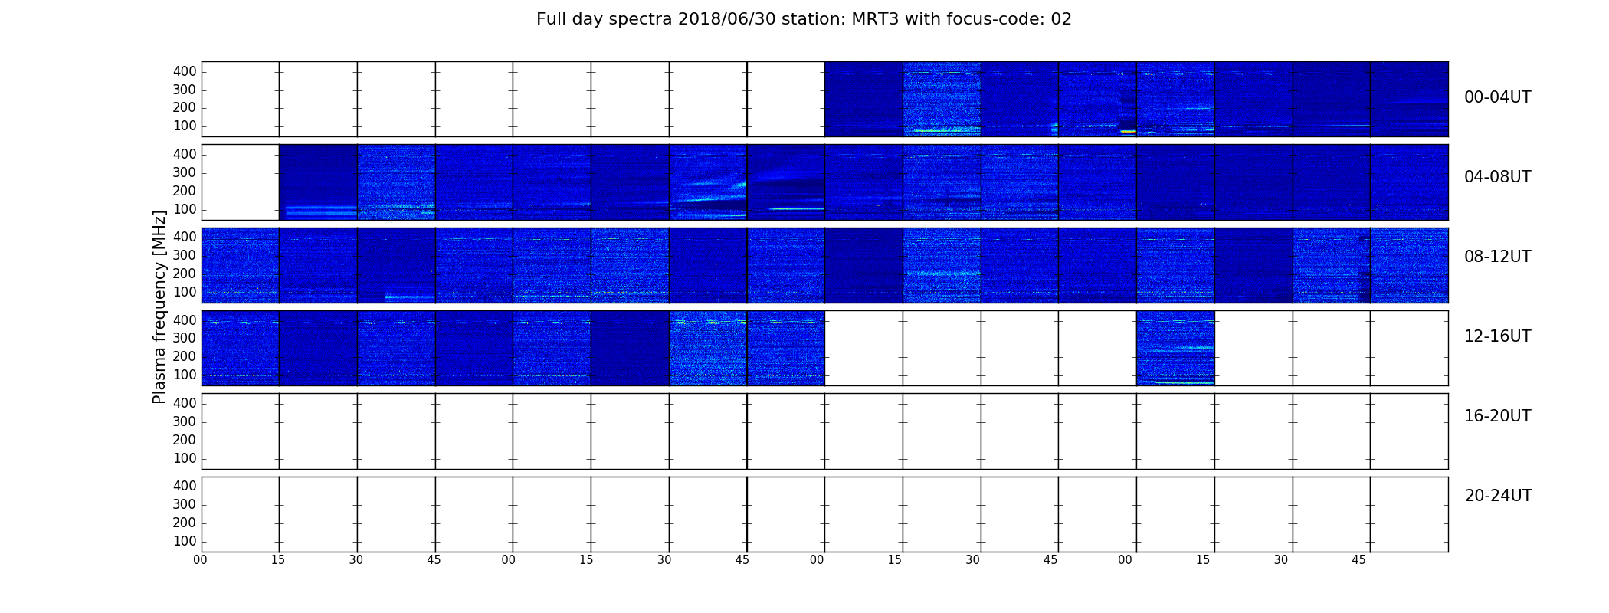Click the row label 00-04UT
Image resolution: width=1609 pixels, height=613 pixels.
[x=1497, y=97]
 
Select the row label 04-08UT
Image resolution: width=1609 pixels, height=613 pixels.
[x=1497, y=177]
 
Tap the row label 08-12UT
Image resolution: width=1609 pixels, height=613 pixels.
[x=1497, y=257]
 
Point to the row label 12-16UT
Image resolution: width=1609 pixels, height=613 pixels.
[x=1497, y=336]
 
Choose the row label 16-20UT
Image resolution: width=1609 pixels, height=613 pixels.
[x=1497, y=416]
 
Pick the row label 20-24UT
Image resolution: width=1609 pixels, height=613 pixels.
[x=1498, y=496]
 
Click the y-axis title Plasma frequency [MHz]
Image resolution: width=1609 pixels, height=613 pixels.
[x=159, y=306]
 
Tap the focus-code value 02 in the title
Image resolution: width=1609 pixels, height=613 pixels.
[x=1061, y=19]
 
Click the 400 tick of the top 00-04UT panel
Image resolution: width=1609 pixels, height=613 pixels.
[x=185, y=71]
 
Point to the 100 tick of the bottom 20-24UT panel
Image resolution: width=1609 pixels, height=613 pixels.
[x=185, y=541]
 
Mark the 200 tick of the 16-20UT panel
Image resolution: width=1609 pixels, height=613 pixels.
[x=185, y=440]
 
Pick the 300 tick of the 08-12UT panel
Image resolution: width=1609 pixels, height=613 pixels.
[x=185, y=255]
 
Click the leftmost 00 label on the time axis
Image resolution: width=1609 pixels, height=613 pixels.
[x=200, y=560]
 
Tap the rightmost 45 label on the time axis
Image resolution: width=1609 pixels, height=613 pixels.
[x=1358, y=560]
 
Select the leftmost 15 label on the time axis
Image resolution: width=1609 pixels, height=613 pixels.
[x=278, y=560]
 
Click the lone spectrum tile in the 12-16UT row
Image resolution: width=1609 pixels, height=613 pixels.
[x=1175, y=348]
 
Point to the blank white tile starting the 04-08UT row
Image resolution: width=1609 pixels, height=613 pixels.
[x=241, y=182]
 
